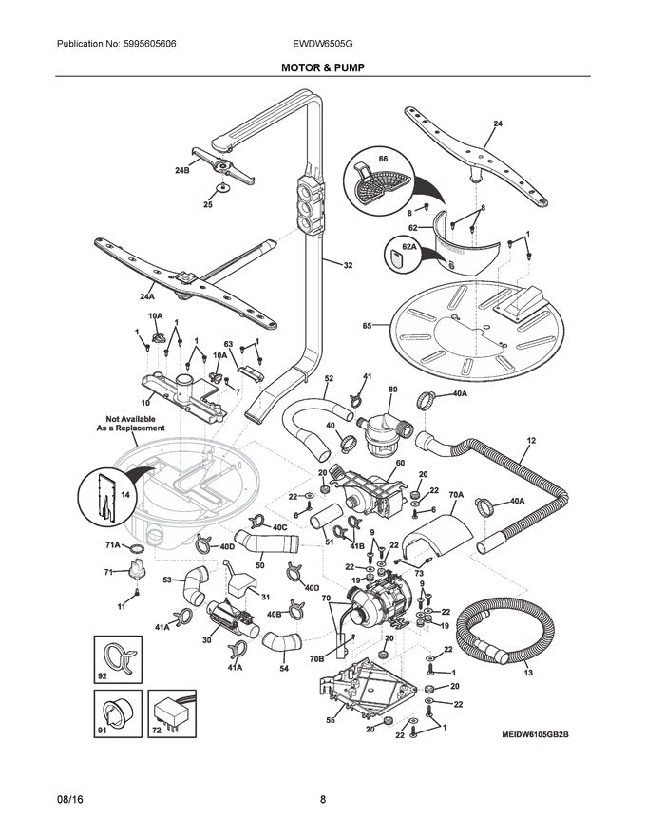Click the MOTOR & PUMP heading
(x=322, y=68)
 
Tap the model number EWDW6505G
(x=322, y=45)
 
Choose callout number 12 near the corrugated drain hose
(x=531, y=440)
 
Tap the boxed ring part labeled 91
(x=116, y=714)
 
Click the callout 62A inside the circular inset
(x=408, y=246)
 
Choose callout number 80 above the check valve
(x=392, y=389)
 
